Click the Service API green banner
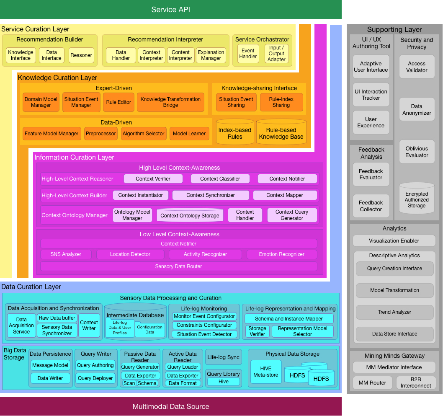pyautogui.click(x=170, y=9)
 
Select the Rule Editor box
pyautogui.click(x=118, y=102)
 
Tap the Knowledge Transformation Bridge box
pyautogui.click(x=170, y=102)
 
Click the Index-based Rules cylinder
pyautogui.click(x=235, y=133)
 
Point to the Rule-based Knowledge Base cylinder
pyautogui.click(x=281, y=133)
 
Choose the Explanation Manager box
pyautogui.click(x=211, y=55)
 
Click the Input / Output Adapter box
pyautogui.click(x=277, y=54)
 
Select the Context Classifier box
pyautogui.click(x=220, y=179)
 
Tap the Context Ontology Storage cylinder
pyautogui.click(x=190, y=215)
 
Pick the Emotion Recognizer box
pyautogui.click(x=282, y=254)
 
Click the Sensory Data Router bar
pyautogui.click(x=178, y=266)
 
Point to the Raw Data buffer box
pyautogui.click(x=57, y=318)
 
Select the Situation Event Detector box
pyautogui.click(x=204, y=334)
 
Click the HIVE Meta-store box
pyautogui.click(x=265, y=372)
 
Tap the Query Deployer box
pyautogui.click(x=95, y=378)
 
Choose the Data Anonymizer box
pyautogui.click(x=417, y=109)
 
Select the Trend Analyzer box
pyautogui.click(x=394, y=312)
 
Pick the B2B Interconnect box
pyautogui.click(x=416, y=382)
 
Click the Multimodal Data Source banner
pyautogui.click(x=170, y=406)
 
